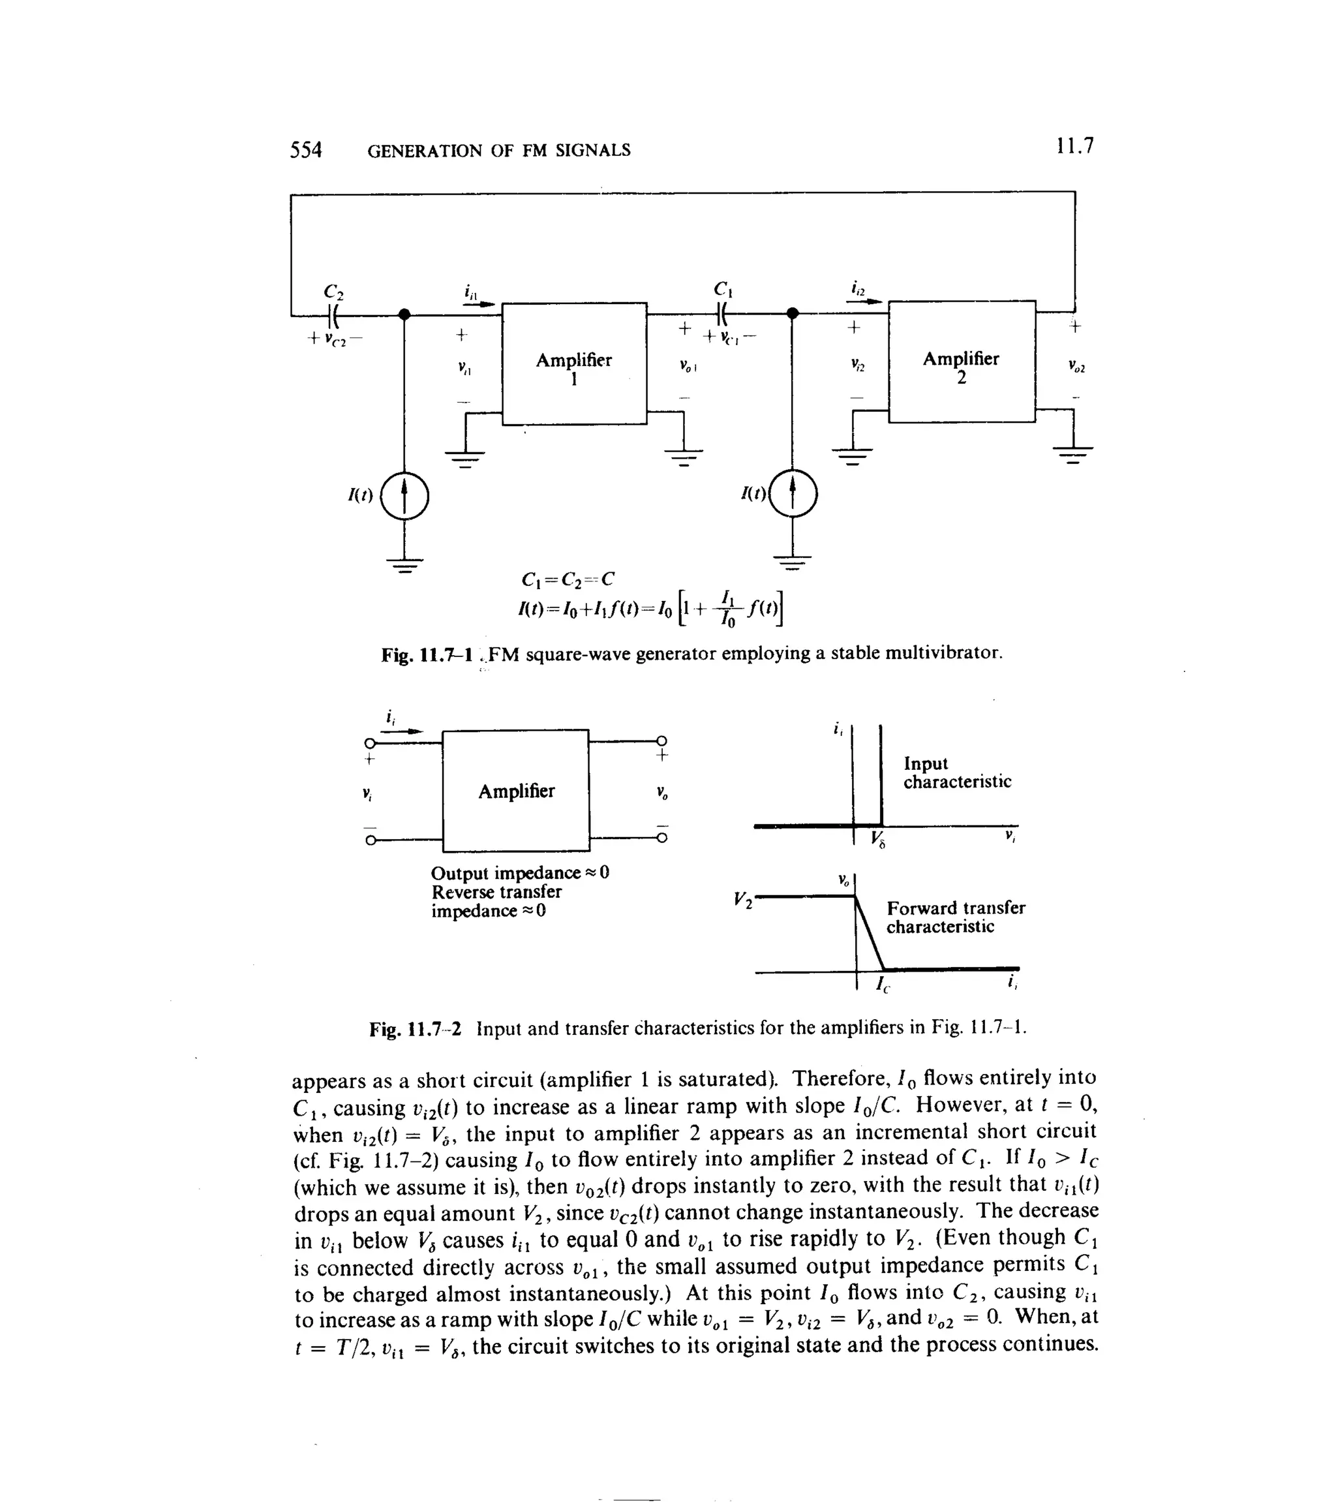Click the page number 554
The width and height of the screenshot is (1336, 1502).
tap(306, 150)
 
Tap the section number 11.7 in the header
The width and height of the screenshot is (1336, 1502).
tap(1074, 146)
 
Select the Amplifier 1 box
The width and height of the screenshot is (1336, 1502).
tap(574, 363)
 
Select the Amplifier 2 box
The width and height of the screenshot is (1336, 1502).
tap(961, 362)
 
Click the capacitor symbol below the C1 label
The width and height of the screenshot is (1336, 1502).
tap(721, 314)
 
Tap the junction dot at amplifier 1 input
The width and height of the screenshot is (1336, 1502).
tap(403, 314)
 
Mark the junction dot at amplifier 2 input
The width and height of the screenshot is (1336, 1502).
tap(792, 314)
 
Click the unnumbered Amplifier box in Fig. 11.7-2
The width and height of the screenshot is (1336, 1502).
tap(516, 791)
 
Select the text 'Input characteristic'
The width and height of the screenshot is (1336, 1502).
tap(957, 773)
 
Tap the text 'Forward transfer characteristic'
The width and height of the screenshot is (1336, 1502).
tap(954, 917)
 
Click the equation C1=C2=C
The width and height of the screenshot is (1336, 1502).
tap(567, 580)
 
